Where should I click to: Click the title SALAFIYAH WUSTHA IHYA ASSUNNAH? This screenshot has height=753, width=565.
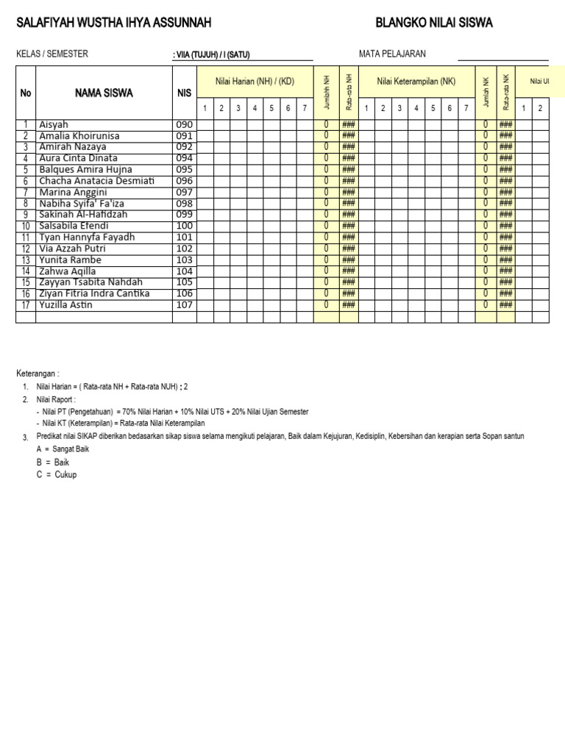pos(114,24)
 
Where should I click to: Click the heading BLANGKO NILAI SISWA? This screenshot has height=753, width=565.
pos(434,24)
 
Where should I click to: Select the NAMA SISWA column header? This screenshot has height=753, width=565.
pos(104,93)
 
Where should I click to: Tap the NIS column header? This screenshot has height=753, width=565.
pos(184,93)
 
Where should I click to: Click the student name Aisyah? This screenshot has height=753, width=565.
pos(54,125)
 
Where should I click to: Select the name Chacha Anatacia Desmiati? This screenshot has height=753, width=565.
pos(96,181)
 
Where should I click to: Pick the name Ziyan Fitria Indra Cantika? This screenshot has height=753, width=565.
pos(94,293)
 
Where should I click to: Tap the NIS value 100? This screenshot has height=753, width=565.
pos(184,226)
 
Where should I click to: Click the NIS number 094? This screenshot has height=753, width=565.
pos(184,159)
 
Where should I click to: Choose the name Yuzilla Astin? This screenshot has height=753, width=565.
pos(66,305)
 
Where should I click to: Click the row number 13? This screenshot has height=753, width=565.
pos(26,260)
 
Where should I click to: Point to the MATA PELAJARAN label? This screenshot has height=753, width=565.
pos(392,54)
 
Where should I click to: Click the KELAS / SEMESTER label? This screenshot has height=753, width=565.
pos(52,54)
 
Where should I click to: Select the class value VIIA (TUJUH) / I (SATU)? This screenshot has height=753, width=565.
pos(212,55)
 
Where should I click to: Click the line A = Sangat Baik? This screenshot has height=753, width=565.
pos(63,449)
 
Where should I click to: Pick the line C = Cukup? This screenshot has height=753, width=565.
pos(56,474)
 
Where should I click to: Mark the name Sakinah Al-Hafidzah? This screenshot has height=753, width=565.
pos(83,215)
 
